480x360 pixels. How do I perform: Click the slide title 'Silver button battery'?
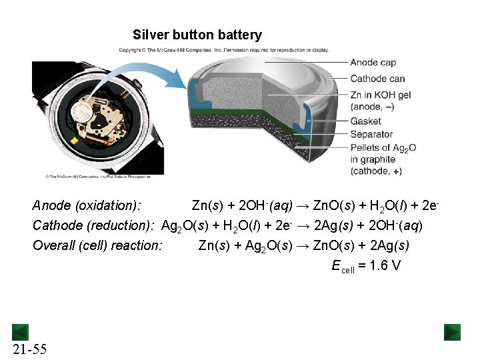click(197, 35)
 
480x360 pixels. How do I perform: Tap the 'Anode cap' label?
click(373, 63)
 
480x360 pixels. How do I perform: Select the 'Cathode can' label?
click(377, 79)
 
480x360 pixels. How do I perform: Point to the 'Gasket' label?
click(365, 121)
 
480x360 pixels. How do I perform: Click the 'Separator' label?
click(371, 134)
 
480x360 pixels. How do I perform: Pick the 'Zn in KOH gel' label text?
click(377, 95)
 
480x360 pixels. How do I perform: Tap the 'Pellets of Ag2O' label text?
click(383, 147)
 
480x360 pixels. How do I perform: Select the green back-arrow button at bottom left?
click(20, 332)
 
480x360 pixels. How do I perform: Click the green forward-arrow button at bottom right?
click(453, 332)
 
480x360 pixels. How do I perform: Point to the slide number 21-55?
click(29, 349)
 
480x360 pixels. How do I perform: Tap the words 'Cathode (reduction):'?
click(93, 225)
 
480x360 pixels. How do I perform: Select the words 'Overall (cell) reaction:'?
click(97, 245)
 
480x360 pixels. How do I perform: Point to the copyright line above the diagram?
click(223, 50)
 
